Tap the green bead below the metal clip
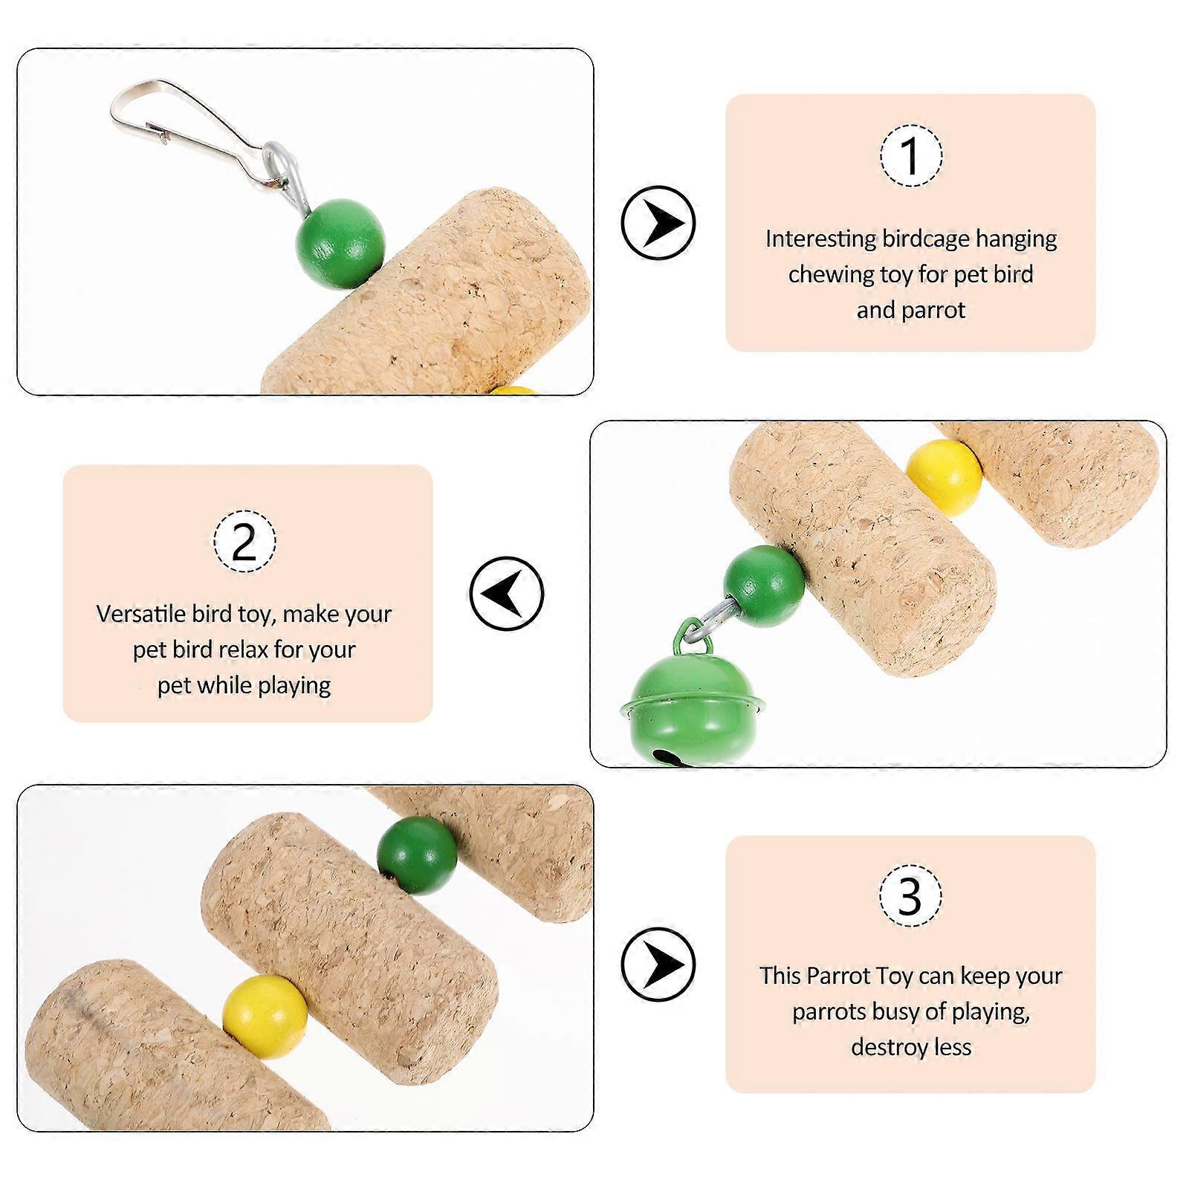(340, 243)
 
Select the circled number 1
(911, 155)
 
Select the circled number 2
(244, 541)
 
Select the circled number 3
(911, 895)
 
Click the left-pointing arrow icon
(507, 593)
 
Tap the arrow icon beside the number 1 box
(658, 222)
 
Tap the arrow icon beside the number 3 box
(658, 965)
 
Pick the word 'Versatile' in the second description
(141, 614)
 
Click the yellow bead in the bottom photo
(265, 1017)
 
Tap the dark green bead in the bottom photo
(417, 855)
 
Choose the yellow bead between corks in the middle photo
(945, 478)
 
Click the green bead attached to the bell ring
(764, 586)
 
